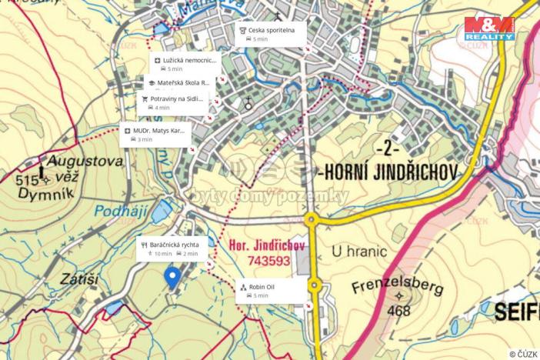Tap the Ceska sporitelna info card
[x=271, y=33]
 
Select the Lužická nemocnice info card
[x=185, y=64]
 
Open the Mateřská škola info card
[x=178, y=86]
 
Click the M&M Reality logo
[x=489, y=28]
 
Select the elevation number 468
[x=399, y=310]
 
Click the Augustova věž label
[x=85, y=162]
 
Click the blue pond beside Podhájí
[x=162, y=210]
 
